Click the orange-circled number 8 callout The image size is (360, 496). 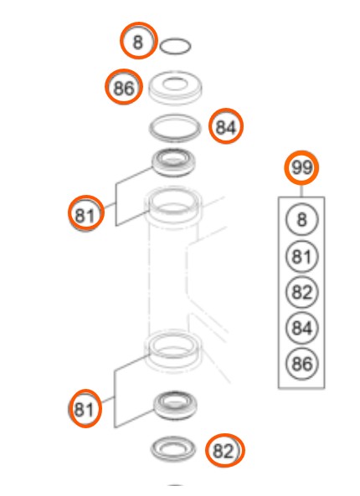point(138,40)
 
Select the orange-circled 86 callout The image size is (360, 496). point(124,87)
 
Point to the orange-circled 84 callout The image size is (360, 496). point(226,126)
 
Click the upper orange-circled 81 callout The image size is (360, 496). point(85,213)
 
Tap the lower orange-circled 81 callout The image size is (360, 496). point(85,408)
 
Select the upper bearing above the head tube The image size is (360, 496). point(173,163)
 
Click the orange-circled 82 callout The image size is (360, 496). point(225,450)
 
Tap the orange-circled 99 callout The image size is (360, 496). point(301,167)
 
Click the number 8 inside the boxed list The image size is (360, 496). point(301,219)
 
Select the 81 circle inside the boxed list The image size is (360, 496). point(301,256)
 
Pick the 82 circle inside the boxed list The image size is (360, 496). point(301,292)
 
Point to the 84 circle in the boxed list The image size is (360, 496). point(301,327)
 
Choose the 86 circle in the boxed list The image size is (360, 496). point(301,363)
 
